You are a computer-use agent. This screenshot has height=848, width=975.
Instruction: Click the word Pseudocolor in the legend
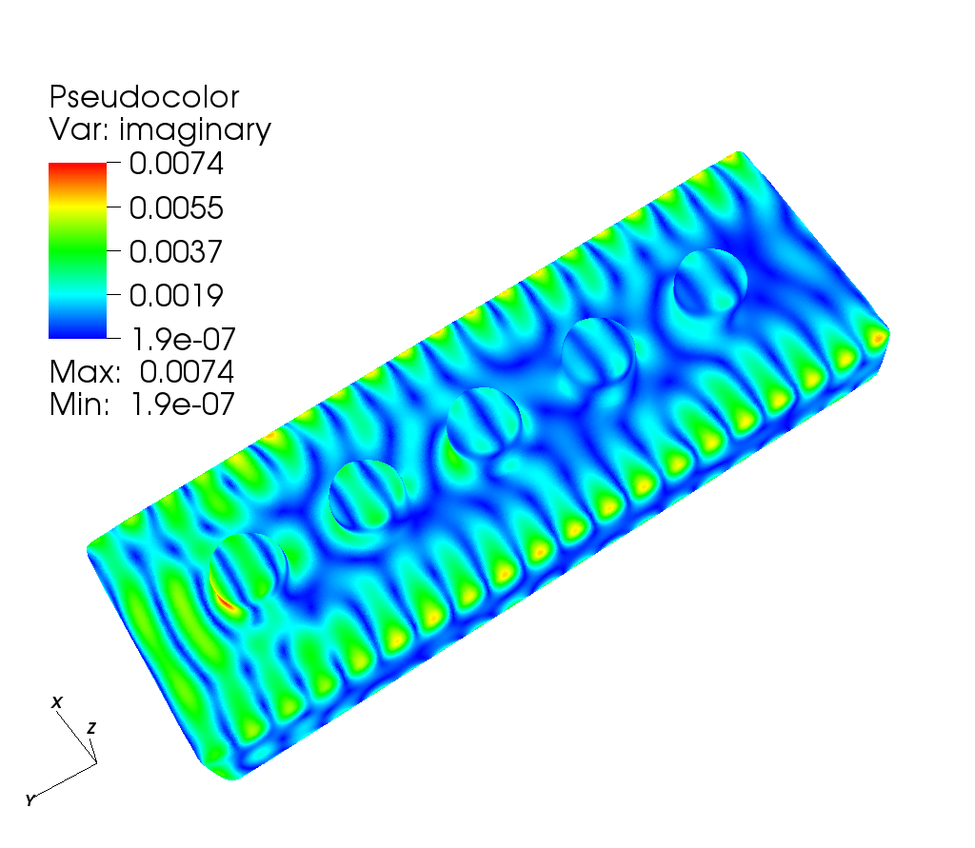pyautogui.click(x=144, y=97)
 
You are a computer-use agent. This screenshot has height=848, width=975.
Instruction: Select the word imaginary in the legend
pyautogui.click(x=194, y=130)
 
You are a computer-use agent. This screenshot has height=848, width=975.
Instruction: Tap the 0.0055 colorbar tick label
pyautogui.click(x=176, y=207)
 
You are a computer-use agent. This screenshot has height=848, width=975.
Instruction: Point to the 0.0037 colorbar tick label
pyautogui.click(x=176, y=252)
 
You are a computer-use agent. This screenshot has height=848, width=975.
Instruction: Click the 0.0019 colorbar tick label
pyautogui.click(x=176, y=295)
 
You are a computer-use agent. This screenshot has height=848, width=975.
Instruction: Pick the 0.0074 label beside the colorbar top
pyautogui.click(x=176, y=164)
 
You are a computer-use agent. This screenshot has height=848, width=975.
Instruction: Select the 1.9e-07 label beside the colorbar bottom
pyautogui.click(x=184, y=340)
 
